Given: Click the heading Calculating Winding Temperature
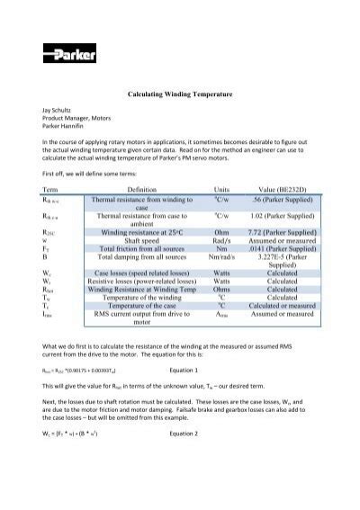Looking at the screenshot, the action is (180, 93).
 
